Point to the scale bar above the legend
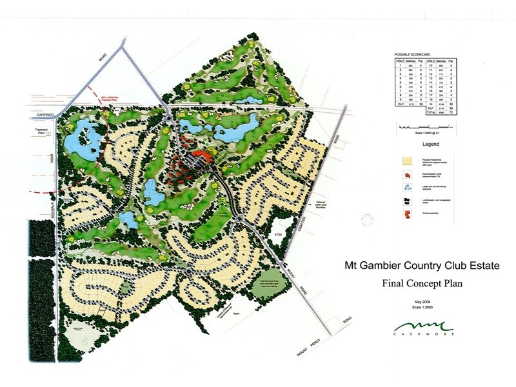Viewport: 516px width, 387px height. click(426, 129)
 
